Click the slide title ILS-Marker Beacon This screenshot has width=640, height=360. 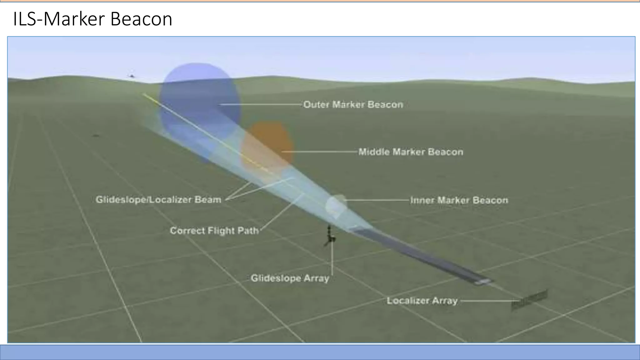pos(92,19)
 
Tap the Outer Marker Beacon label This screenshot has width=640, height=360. pos(353,104)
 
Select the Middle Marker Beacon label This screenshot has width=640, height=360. pos(411,152)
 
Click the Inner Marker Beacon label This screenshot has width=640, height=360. pos(459,200)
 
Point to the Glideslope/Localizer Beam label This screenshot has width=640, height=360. pos(158,199)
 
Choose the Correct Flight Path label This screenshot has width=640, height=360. pos(214,231)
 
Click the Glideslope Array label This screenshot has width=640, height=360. pos(290,278)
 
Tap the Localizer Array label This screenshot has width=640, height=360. pos(422,301)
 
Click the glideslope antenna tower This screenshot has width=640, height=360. pos(329,237)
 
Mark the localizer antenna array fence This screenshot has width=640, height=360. pos(529,300)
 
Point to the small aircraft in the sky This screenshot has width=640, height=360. pos(132,76)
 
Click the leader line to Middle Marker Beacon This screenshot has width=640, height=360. pos(319,152)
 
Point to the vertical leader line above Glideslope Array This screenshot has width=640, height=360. pos(332,259)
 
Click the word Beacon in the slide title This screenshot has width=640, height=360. pos(141,19)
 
